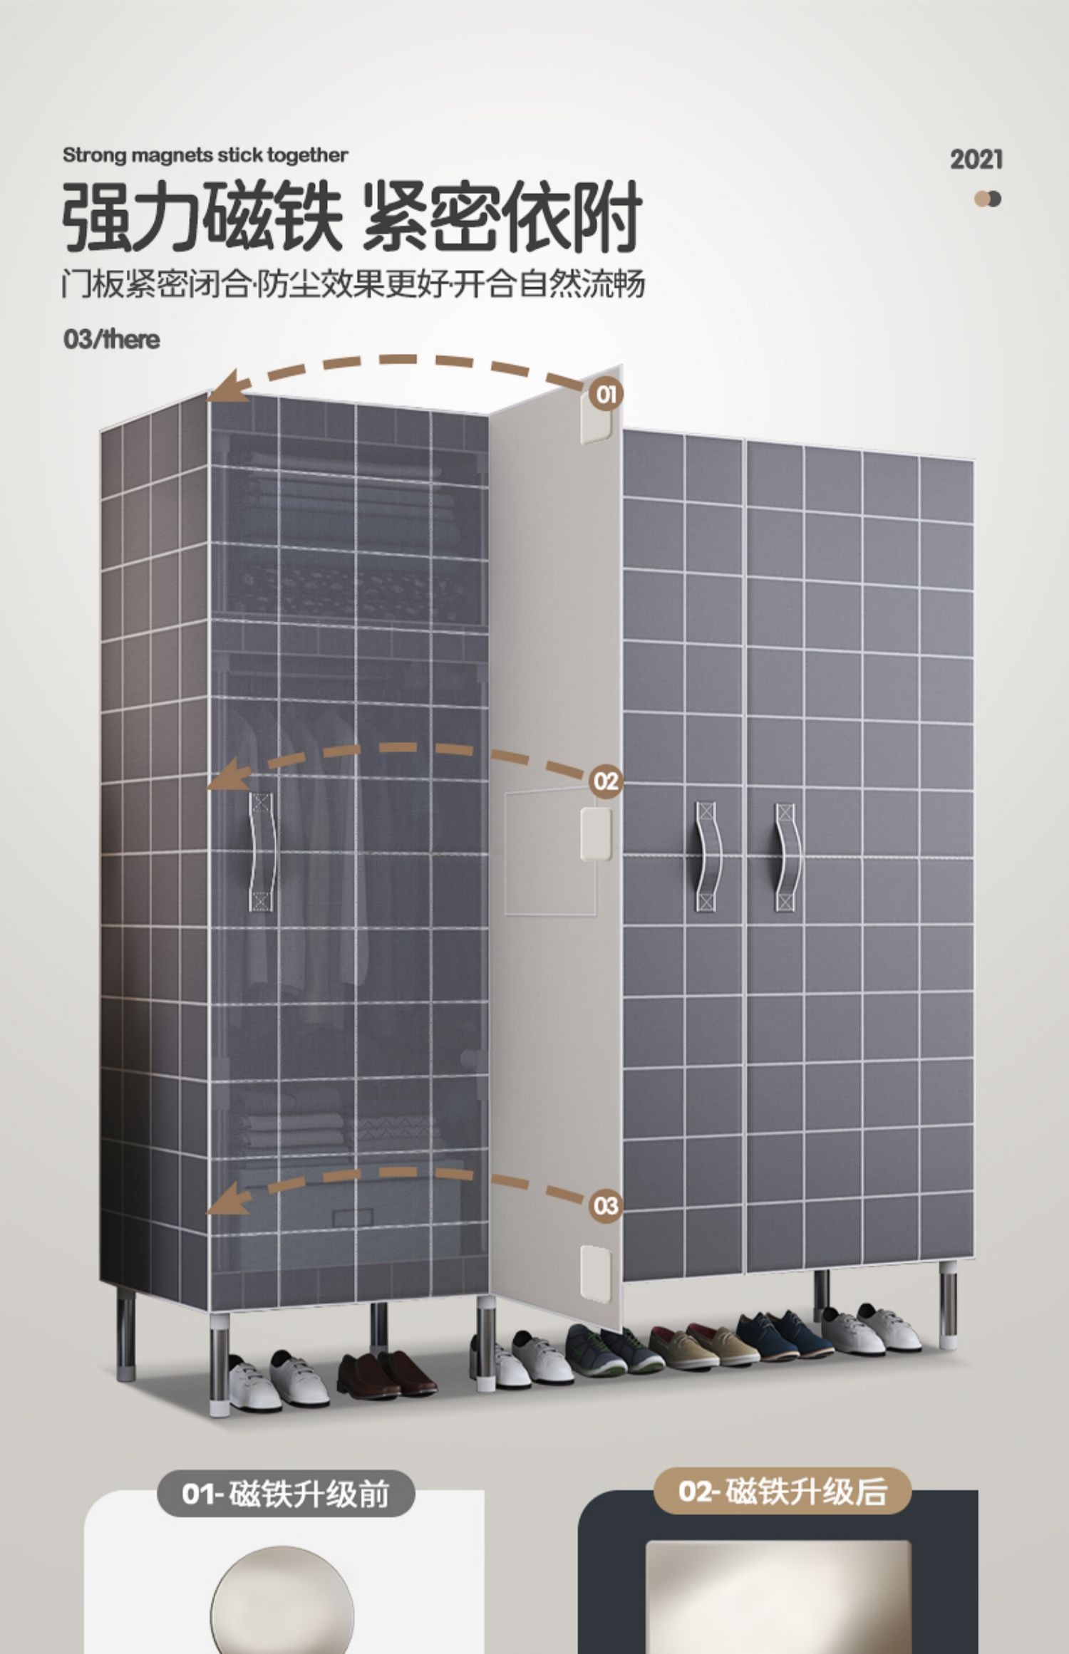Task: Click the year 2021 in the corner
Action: pyautogui.click(x=976, y=160)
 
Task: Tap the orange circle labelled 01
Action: pyautogui.click(x=606, y=394)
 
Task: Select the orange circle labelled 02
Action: pyautogui.click(x=606, y=781)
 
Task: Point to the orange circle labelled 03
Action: pyautogui.click(x=606, y=1206)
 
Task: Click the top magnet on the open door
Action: pyautogui.click(x=597, y=426)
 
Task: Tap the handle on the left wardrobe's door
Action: pyautogui.click(x=262, y=851)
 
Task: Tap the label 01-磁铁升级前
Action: pyautogui.click(x=285, y=1493)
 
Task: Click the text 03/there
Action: pyautogui.click(x=111, y=339)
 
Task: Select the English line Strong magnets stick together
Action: pyautogui.click(x=205, y=155)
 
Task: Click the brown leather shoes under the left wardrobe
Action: pyautogui.click(x=386, y=1372)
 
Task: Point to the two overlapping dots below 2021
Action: pyautogui.click(x=988, y=199)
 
